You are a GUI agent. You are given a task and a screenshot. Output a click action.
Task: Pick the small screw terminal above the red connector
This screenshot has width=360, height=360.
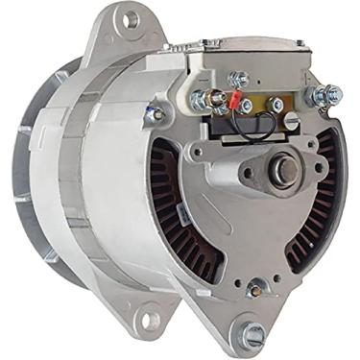[x=238, y=79]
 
